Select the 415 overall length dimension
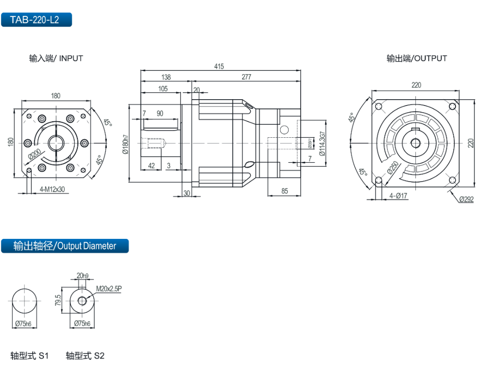coord(219,66)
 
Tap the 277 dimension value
coord(246,77)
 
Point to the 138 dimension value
coord(166,77)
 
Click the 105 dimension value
coord(162,88)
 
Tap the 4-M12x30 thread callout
coord(52,189)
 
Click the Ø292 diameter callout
coord(466,199)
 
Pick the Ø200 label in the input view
coord(34,154)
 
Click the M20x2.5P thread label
coord(109,288)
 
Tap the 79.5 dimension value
coord(58,301)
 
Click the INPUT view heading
coord(56,58)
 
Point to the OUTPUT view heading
coord(417,58)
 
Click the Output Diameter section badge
coord(65,246)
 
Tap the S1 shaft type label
coord(30,356)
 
